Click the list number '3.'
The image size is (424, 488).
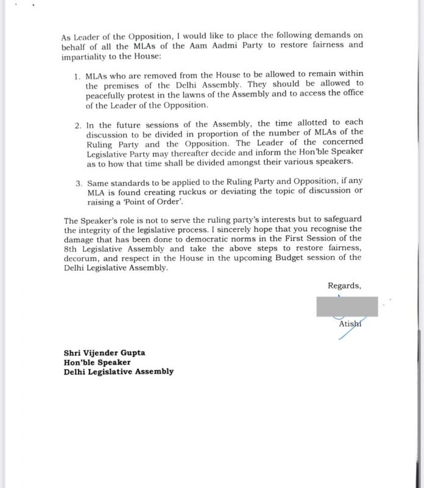point(78,183)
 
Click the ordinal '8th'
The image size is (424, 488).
point(72,248)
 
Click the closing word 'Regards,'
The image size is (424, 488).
point(344,285)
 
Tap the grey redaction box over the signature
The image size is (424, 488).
point(347,306)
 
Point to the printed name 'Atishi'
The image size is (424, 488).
point(350,324)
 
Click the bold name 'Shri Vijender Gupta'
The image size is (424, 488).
point(104,353)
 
